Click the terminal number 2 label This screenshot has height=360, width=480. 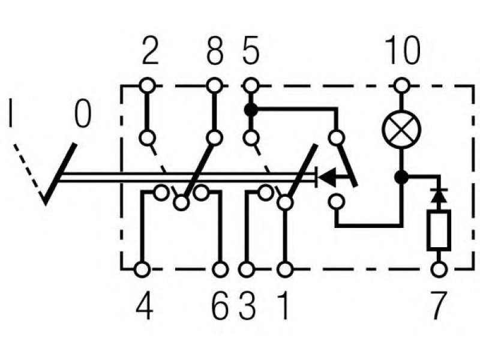151,51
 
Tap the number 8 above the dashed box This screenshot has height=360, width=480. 215,51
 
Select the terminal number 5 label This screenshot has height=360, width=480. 251,51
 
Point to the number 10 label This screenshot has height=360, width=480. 402,50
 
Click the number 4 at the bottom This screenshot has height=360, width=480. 144,305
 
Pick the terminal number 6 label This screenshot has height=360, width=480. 220,305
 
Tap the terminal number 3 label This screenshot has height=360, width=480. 247,305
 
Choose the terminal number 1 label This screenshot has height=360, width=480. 284,305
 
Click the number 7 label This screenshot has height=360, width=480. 439,305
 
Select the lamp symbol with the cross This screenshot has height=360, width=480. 401,130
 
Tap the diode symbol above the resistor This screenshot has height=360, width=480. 439,196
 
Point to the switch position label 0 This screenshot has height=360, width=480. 83,113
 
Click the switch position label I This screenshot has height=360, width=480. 11,113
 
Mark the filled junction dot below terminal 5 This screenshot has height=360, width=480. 251,110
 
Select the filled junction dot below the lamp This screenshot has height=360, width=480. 401,177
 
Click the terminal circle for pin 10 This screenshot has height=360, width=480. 401,86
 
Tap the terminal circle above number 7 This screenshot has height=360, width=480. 439,269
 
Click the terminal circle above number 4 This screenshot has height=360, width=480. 142,269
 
